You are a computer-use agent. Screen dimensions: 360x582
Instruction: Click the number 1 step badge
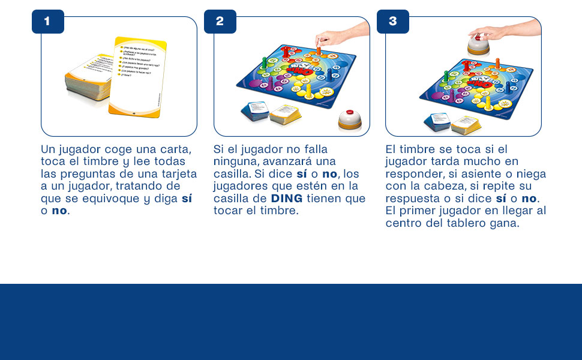tap(47, 22)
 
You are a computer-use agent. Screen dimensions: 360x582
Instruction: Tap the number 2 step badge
tap(220, 22)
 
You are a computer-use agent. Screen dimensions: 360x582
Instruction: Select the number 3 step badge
tap(392, 22)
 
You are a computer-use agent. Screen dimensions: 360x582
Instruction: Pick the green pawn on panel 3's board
tap(445, 77)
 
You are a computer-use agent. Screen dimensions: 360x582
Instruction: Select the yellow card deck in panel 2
tap(285, 114)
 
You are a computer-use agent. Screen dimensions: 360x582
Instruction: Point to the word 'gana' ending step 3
tap(505, 223)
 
